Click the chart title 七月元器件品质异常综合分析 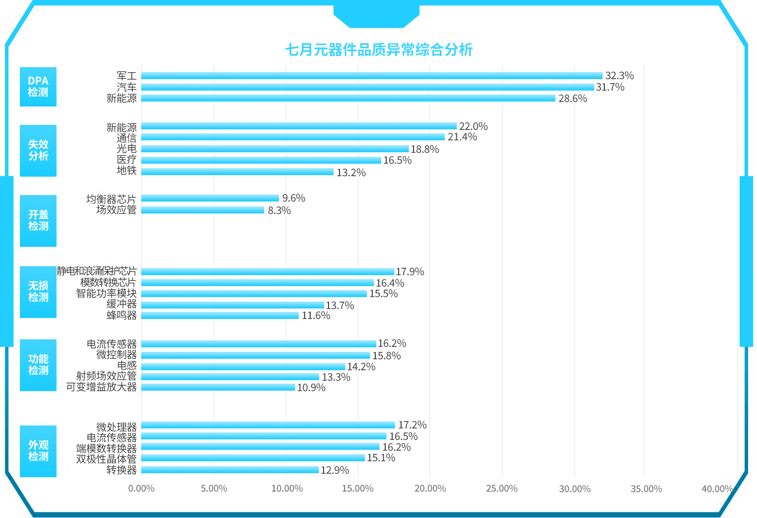[x=378, y=50]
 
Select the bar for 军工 [x=371, y=76]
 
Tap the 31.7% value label [x=610, y=87]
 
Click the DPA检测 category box [x=38, y=87]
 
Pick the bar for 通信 [x=293, y=137]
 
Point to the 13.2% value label [x=351, y=173]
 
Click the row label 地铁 [x=127, y=171]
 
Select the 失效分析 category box [x=38, y=150]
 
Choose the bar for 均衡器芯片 [x=210, y=198]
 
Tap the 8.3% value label [x=279, y=210]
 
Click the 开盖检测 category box [x=38, y=220]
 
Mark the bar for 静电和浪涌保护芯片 [x=267, y=272]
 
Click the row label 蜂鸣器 [x=121, y=315]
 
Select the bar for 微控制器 [x=255, y=355]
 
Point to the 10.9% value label [x=311, y=388]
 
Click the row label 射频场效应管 [x=106, y=376]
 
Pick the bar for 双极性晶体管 [x=252, y=458]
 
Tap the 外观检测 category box [x=38, y=451]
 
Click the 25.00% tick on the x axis [x=502, y=489]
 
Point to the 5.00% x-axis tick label [x=214, y=489]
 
